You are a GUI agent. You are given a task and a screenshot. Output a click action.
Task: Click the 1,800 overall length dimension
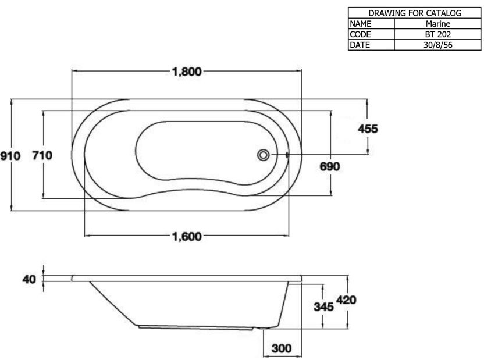pyautogui.click(x=187, y=72)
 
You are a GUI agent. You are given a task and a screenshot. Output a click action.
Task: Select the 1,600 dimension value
pyautogui.click(x=187, y=236)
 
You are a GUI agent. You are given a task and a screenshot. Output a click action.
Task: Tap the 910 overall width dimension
pyautogui.click(x=10, y=156)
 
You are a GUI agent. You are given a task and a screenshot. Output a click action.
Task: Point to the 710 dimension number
pyautogui.click(x=42, y=155)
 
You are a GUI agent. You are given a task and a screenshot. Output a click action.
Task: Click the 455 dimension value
pyautogui.click(x=367, y=129)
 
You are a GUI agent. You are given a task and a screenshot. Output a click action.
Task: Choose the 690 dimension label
pyautogui.click(x=330, y=167)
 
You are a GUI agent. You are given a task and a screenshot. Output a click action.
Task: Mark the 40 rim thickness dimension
pyautogui.click(x=29, y=280)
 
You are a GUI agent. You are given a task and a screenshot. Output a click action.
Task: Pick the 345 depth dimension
pyautogui.click(x=323, y=306)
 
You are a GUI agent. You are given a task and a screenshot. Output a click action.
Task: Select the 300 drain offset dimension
pyautogui.click(x=282, y=349)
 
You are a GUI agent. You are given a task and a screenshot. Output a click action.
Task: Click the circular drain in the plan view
pyautogui.click(x=264, y=155)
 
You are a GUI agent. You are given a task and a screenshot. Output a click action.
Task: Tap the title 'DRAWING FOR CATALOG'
pyautogui.click(x=415, y=13)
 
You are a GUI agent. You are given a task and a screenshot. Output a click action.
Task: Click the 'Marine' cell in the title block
pyautogui.click(x=438, y=24)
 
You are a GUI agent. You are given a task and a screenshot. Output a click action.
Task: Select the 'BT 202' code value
pyautogui.click(x=438, y=34)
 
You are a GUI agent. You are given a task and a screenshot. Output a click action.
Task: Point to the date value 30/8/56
pyautogui.click(x=438, y=45)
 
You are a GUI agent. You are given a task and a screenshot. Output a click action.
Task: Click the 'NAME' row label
pyautogui.click(x=361, y=24)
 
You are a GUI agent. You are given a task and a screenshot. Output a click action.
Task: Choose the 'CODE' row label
pyautogui.click(x=361, y=34)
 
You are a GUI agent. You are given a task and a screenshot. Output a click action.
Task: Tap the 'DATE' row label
pyautogui.click(x=360, y=45)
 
